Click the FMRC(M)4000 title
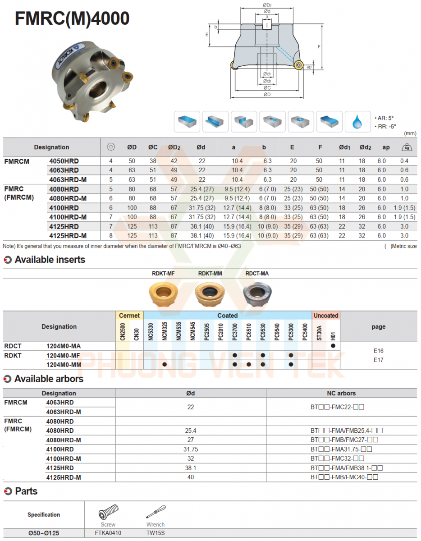[73, 18]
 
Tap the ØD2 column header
[174, 147]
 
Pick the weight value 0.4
[404, 161]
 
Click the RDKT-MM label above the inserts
[210, 273]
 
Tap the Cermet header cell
[129, 316]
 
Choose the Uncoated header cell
[326, 316]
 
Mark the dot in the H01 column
[333, 346]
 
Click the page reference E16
[378, 350]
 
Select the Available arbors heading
[49, 379]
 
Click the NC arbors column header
[341, 393]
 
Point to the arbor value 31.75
[190, 449]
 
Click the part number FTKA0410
[108, 533]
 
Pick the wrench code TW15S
[155, 533]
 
